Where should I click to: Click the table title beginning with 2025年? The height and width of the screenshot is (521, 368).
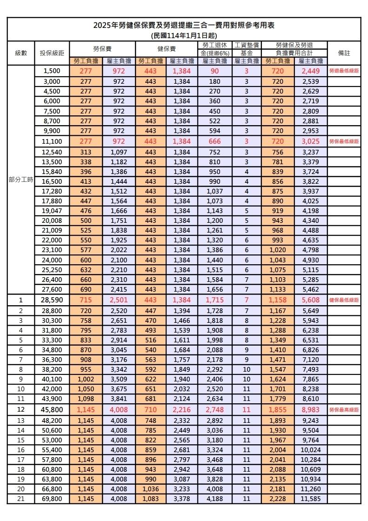pos(184,26)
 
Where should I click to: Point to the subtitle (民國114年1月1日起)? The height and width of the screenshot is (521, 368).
pos(184,35)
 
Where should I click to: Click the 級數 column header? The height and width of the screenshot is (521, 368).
pos(21,53)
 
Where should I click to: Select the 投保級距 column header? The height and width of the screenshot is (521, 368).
pos(52,53)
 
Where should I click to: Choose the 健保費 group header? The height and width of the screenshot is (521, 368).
pos(166,49)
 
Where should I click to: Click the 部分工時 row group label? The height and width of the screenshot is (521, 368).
pos(21,180)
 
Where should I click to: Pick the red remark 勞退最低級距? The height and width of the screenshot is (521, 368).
pos(344,71)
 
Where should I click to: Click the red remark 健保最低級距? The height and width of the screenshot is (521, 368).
pos(344,300)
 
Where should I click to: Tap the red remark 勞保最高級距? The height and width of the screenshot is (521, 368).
pos(344,410)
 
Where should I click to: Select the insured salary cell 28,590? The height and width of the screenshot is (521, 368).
pos(52,300)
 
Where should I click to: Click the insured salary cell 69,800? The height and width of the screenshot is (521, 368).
pos(52,499)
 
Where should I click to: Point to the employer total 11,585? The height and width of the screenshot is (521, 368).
pos(310,499)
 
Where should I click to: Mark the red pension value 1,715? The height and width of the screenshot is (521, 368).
pos(214,300)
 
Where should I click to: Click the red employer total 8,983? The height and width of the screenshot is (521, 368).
pos(310,410)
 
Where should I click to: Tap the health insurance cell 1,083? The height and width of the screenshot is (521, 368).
pos(150,499)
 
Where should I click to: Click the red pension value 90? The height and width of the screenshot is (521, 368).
pos(214,71)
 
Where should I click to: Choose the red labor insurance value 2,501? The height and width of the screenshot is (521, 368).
pos(119,300)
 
